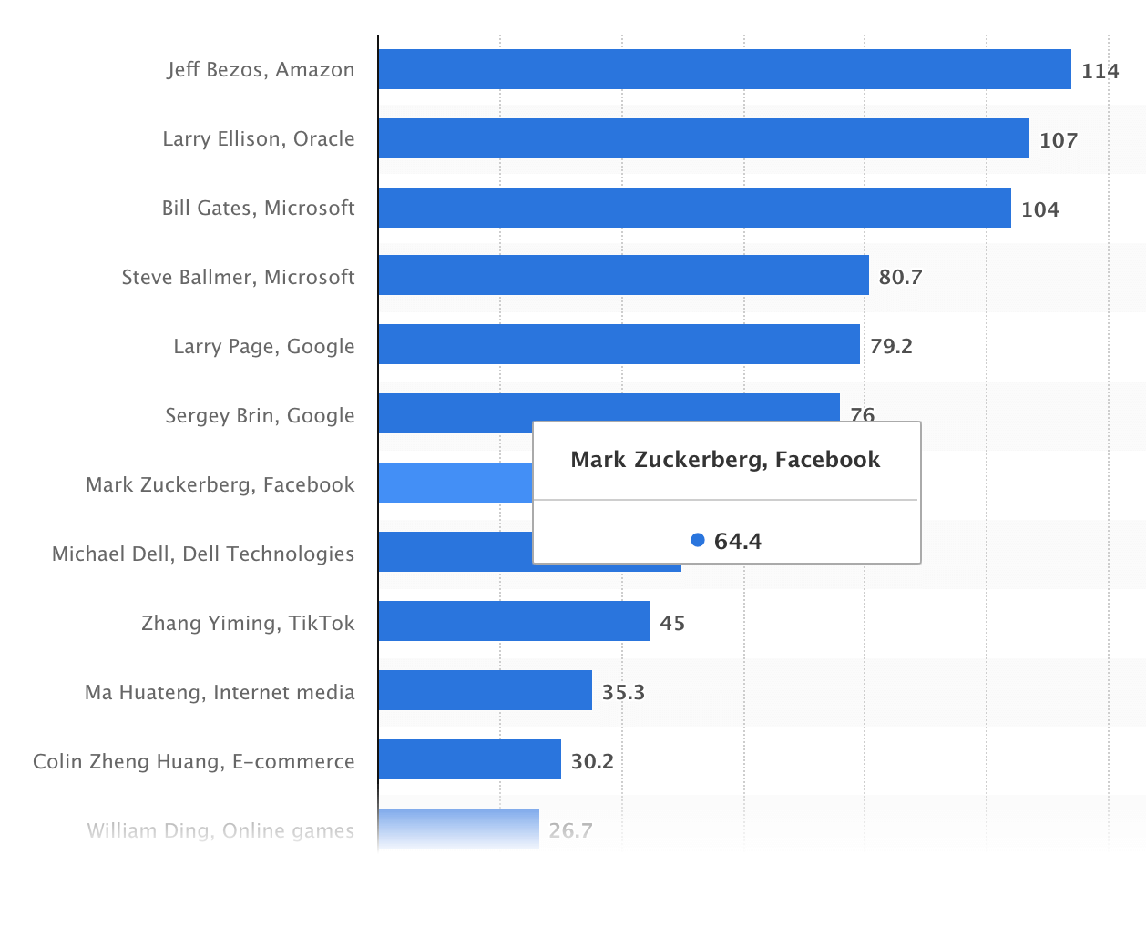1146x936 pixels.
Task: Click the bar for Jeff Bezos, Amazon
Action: point(724,69)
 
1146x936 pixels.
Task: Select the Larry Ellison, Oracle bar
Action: point(703,138)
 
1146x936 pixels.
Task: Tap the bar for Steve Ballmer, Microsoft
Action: point(623,275)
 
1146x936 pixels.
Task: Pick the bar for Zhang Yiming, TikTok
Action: point(514,621)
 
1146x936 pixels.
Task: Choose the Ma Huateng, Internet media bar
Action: point(485,690)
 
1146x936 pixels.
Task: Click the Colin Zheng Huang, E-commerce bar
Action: point(469,759)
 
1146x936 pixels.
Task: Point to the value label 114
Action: point(1100,71)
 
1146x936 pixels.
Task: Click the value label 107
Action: point(1058,140)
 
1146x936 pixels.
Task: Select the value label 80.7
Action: point(900,277)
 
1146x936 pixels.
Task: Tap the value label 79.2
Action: point(890,346)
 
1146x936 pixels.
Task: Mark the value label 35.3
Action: point(623,692)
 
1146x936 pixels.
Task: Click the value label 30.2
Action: point(592,761)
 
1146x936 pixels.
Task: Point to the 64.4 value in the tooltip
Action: point(737,541)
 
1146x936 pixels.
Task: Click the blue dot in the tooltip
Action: point(698,540)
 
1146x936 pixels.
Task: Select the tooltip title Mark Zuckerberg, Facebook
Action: point(725,459)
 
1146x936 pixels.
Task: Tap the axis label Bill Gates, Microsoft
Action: point(258,208)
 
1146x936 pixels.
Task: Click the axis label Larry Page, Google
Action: point(263,346)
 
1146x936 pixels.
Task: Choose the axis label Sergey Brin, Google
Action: point(260,415)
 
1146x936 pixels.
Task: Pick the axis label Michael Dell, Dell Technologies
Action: point(203,554)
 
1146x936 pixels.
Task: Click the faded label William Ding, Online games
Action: point(220,830)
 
